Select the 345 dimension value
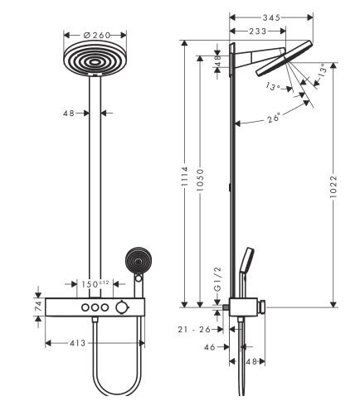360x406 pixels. (x=271, y=16)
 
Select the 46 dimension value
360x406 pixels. (x=209, y=347)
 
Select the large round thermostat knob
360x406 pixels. (x=123, y=308)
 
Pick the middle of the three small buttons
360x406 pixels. (x=94, y=308)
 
